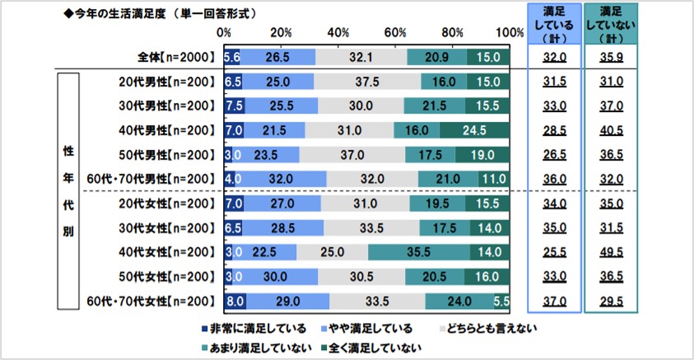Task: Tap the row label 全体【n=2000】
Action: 172,58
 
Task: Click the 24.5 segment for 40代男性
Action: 475,130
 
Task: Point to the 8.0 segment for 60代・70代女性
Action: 234,301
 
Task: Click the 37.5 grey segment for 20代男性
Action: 367,82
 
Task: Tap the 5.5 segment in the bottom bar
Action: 503,301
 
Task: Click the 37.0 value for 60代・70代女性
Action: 552,301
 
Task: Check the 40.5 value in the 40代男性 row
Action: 610,130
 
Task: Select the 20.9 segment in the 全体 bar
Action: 436,58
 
